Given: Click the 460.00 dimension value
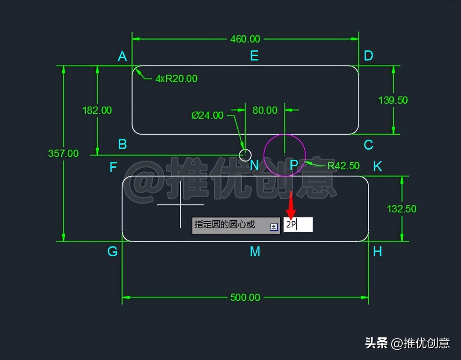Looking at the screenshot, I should (245, 39).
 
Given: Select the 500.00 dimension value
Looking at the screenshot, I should (245, 297).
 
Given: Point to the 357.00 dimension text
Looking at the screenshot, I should (63, 153).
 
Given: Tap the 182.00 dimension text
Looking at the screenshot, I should (97, 110).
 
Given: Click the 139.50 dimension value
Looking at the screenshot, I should (393, 100).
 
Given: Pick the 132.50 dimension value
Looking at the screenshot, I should (402, 209).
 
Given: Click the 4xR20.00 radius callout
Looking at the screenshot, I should (176, 78).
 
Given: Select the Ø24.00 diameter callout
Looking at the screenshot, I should (207, 115).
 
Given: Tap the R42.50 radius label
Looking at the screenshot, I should (343, 166).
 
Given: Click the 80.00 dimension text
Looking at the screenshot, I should (265, 110).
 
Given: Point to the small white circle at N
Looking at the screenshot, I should (245, 155).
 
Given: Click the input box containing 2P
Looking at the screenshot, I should (298, 225).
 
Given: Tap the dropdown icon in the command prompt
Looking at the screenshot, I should (274, 227).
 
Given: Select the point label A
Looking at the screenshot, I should (122, 57).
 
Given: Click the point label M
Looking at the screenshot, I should (255, 252).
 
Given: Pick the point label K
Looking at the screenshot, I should (377, 167).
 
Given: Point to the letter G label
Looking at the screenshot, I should (112, 251).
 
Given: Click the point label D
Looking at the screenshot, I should (368, 56).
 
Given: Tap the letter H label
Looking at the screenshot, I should (377, 252).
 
